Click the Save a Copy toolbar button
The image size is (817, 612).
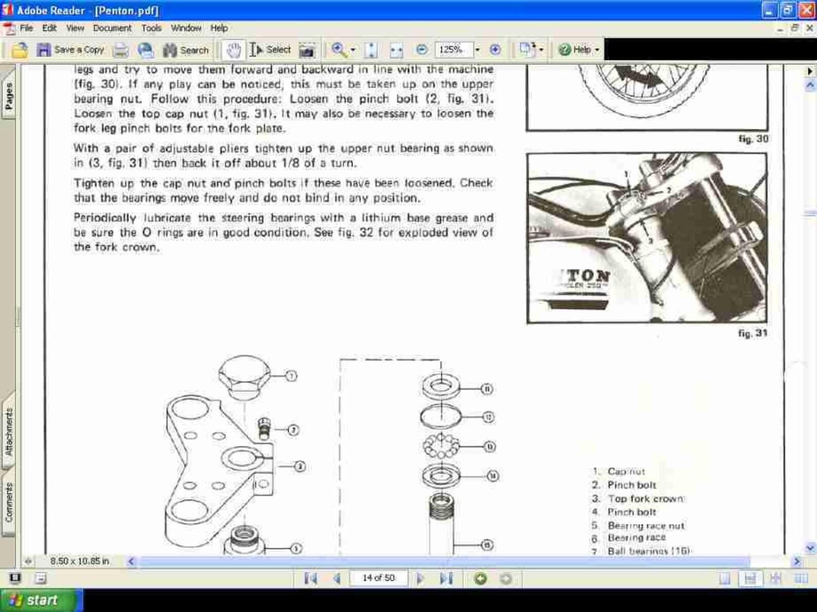70,50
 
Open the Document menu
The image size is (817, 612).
112,28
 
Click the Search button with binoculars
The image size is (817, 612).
186,50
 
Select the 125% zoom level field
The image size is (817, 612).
453,50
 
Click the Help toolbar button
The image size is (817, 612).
578,50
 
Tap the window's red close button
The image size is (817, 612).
806,10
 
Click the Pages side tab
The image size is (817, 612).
8,96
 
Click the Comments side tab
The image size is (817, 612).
8,502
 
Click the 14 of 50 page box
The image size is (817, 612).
378,578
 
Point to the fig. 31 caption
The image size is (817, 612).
752,333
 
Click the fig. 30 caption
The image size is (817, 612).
753,139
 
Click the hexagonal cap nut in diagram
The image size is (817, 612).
244,376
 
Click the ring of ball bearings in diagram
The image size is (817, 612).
441,445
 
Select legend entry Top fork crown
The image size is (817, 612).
646,498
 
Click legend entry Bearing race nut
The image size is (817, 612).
646,526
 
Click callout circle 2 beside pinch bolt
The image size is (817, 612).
293,429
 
